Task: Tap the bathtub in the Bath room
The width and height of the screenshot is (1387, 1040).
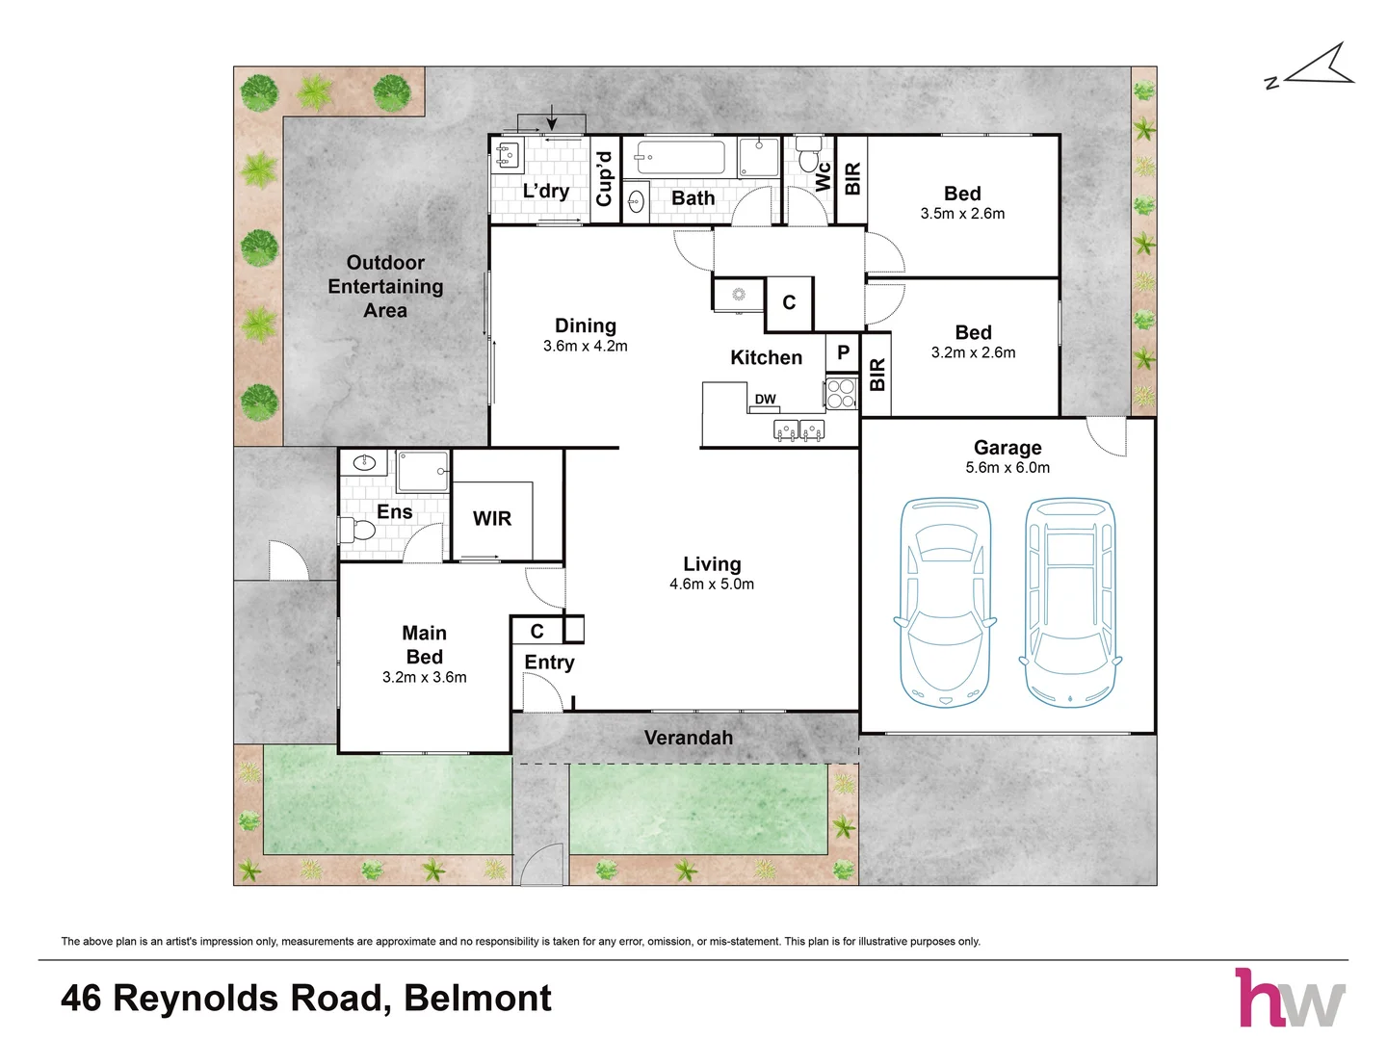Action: pos(680,157)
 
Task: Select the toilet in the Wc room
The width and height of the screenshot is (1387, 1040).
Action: pos(808,155)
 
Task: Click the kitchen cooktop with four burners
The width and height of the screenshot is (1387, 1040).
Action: pos(841,393)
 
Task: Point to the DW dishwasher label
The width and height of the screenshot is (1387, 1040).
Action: pos(765,399)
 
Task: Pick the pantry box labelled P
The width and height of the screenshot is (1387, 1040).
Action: pos(842,353)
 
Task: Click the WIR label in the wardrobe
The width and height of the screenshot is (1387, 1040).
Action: pos(491,518)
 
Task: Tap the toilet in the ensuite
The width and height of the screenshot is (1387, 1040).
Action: pos(357,530)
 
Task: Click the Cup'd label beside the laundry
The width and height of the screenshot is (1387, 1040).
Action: pos(605,179)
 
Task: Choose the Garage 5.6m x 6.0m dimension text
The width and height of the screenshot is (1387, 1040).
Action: pos(1008,468)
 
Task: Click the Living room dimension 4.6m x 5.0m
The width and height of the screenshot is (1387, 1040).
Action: pos(712,585)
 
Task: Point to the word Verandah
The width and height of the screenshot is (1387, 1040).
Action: pos(689,738)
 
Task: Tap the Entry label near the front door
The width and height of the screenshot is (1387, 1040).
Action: pos(549,663)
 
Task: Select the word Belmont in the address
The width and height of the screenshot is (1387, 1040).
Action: pos(478,999)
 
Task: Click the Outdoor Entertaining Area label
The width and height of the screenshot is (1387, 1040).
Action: pos(385,287)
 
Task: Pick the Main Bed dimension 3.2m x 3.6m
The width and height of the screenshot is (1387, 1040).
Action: pos(425,678)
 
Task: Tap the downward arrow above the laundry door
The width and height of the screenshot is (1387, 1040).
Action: pos(552,117)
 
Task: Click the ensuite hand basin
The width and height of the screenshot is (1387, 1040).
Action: pos(364,463)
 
